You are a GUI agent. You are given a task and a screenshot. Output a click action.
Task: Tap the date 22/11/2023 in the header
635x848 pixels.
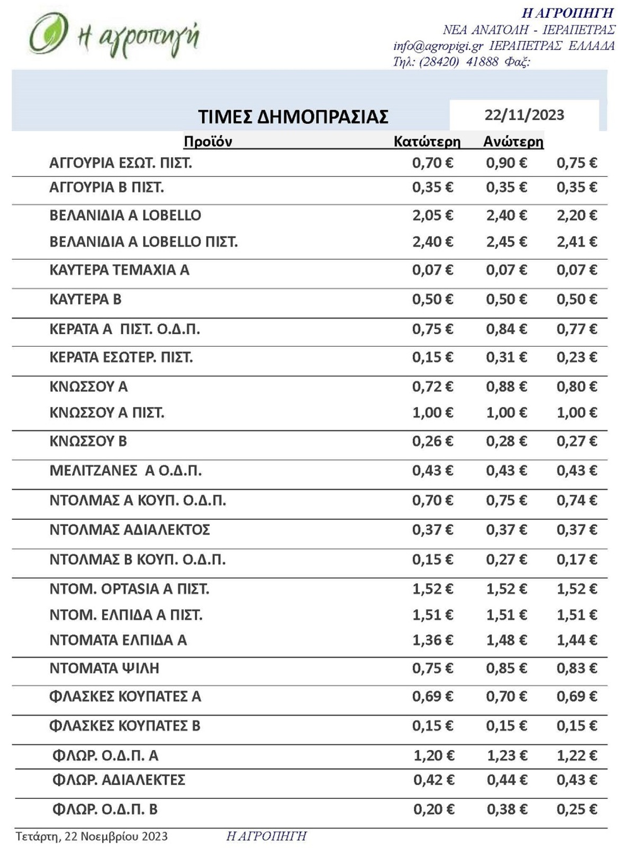point(524,115)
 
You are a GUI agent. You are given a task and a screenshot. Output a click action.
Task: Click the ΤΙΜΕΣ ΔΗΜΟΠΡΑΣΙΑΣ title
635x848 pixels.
point(293,116)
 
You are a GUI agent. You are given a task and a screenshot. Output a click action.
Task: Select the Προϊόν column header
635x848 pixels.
point(208,141)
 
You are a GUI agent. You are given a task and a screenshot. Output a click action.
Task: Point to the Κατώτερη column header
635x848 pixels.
point(427,142)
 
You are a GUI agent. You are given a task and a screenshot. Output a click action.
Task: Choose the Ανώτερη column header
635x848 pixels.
point(513,142)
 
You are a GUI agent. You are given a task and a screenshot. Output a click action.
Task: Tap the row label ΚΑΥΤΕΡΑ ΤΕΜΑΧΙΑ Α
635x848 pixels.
point(119,270)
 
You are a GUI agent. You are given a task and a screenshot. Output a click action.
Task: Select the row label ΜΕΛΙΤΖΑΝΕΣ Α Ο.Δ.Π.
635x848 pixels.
point(125,471)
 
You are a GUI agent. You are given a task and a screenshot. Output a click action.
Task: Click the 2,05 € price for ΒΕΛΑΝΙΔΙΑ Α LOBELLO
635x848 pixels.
point(432,215)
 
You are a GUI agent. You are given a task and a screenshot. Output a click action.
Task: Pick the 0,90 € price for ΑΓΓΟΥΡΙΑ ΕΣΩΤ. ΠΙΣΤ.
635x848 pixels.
point(506,163)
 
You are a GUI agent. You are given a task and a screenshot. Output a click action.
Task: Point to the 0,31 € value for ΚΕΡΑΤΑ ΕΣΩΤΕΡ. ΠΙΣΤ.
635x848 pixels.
point(506,357)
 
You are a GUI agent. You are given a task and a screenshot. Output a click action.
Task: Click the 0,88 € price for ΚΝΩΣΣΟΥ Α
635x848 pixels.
point(506,387)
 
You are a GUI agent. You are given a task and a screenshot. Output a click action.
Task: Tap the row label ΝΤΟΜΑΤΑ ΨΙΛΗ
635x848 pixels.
point(104,668)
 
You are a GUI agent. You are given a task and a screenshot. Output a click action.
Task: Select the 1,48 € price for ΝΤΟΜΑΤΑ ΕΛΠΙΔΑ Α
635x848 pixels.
point(506,640)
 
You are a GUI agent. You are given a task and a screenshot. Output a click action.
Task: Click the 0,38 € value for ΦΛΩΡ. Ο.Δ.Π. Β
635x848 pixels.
point(507,809)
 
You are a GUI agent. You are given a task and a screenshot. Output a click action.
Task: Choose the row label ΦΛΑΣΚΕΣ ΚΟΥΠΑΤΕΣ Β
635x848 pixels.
point(125,726)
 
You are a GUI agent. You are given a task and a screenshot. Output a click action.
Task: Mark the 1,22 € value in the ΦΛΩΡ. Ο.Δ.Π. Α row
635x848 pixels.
point(577,756)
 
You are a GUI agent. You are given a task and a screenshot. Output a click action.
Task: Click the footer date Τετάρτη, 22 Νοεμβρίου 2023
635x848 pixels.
point(92,836)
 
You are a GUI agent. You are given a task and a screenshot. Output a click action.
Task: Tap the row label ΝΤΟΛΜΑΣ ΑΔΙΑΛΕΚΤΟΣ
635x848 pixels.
point(130,530)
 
